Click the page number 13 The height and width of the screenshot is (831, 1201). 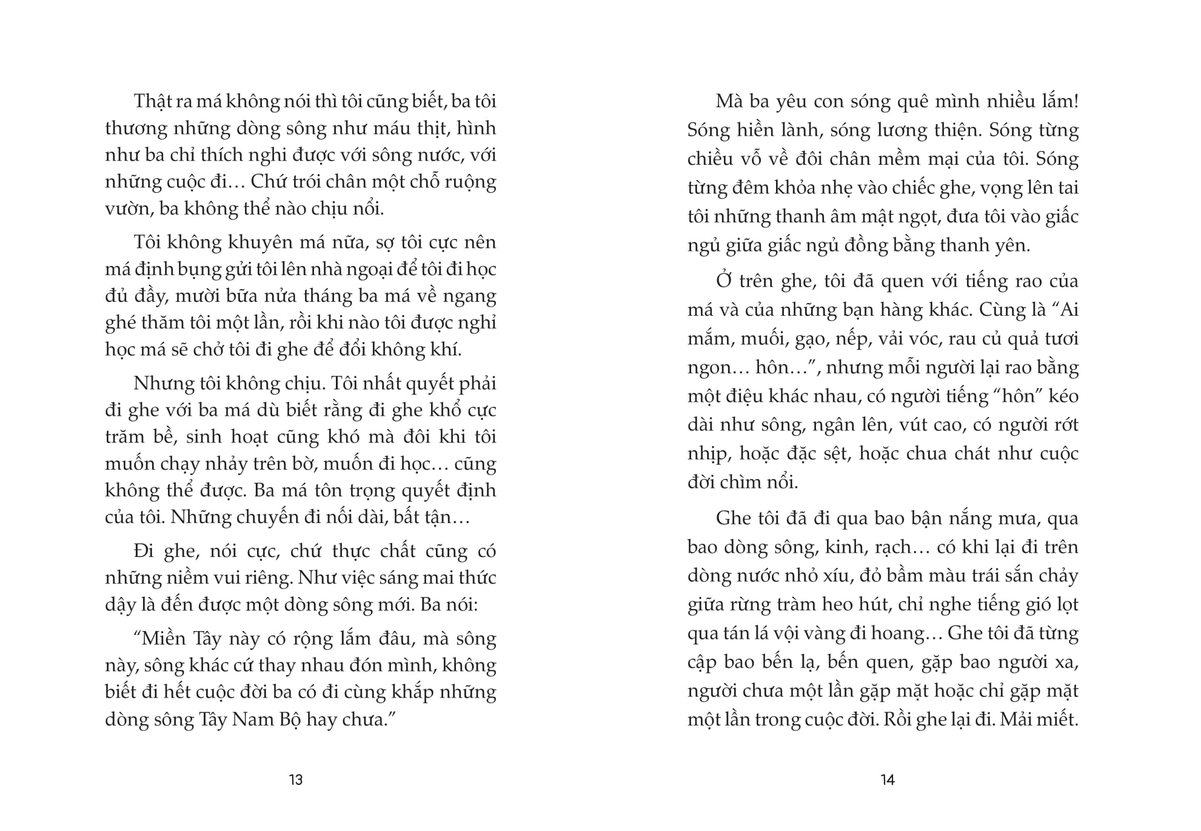coord(296,779)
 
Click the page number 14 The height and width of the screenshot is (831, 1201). coord(888,779)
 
